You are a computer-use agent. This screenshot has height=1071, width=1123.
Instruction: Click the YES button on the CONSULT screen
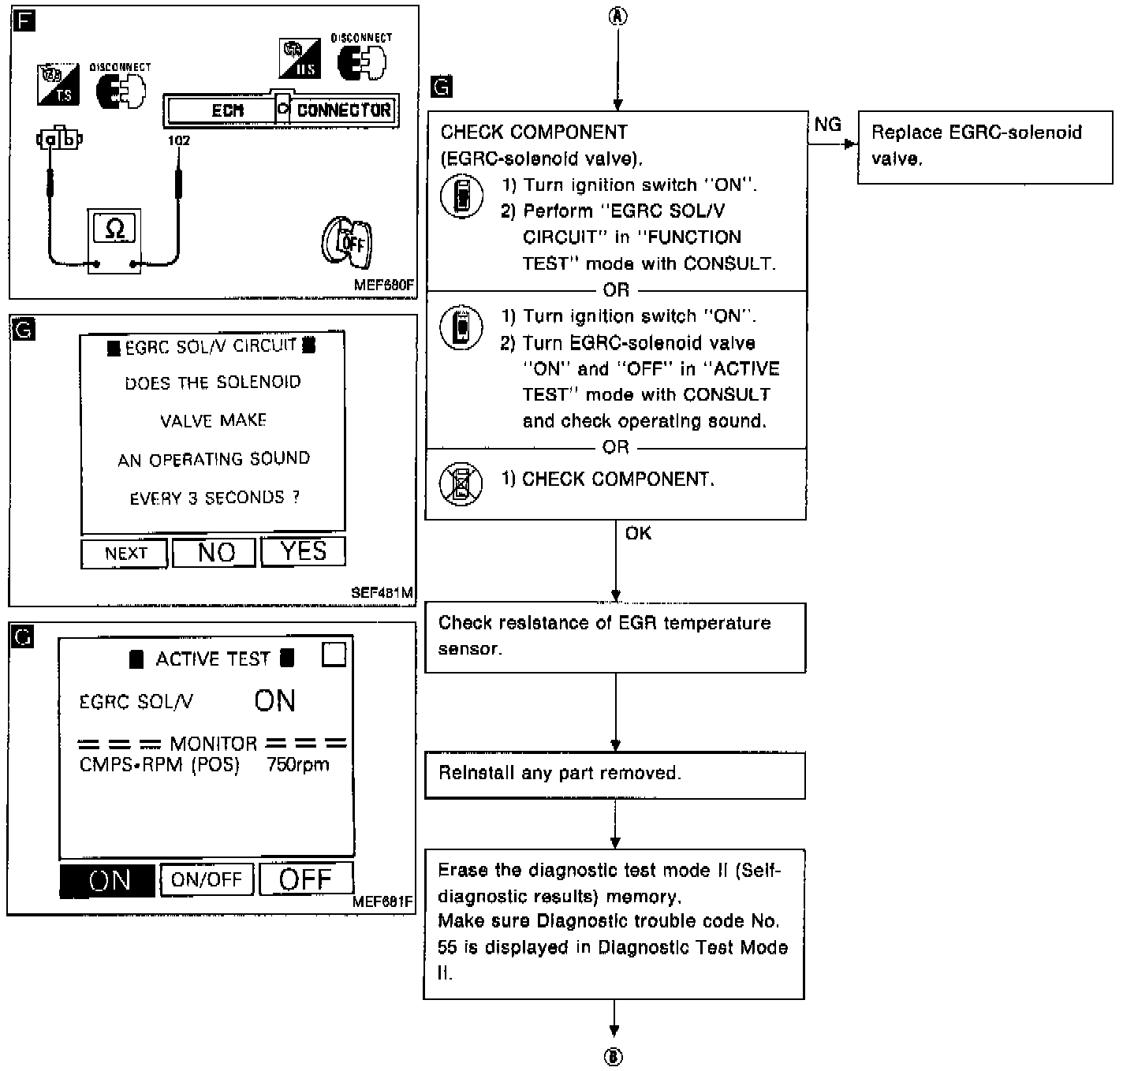point(303,551)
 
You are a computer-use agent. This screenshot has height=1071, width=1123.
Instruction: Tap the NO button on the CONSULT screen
point(215,552)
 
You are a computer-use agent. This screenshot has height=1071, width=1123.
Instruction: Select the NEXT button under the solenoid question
point(125,553)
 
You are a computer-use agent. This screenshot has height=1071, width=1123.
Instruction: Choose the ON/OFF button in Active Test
point(207,879)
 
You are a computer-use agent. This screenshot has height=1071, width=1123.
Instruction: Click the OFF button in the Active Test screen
point(306,879)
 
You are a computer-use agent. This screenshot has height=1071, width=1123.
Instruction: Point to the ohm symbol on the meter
point(114,229)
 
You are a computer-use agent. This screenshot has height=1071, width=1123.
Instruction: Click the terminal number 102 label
point(179,140)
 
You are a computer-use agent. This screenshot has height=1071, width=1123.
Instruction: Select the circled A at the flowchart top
point(618,17)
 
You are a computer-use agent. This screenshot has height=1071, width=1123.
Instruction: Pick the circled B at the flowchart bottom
point(614,1058)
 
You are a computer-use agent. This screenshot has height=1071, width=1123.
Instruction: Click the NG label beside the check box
point(827,125)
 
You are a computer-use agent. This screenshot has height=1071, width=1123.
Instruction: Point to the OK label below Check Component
point(638,534)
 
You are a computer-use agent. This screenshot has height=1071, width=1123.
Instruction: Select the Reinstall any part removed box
point(615,774)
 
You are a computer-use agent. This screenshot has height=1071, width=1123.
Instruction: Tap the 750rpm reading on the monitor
point(298,764)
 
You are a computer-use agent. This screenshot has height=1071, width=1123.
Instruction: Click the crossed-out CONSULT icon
point(461,483)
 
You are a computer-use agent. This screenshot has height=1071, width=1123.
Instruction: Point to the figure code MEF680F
point(383,285)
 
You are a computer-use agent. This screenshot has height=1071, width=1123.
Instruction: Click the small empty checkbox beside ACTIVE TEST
point(334,654)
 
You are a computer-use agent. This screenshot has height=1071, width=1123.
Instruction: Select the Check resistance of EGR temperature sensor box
point(615,637)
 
